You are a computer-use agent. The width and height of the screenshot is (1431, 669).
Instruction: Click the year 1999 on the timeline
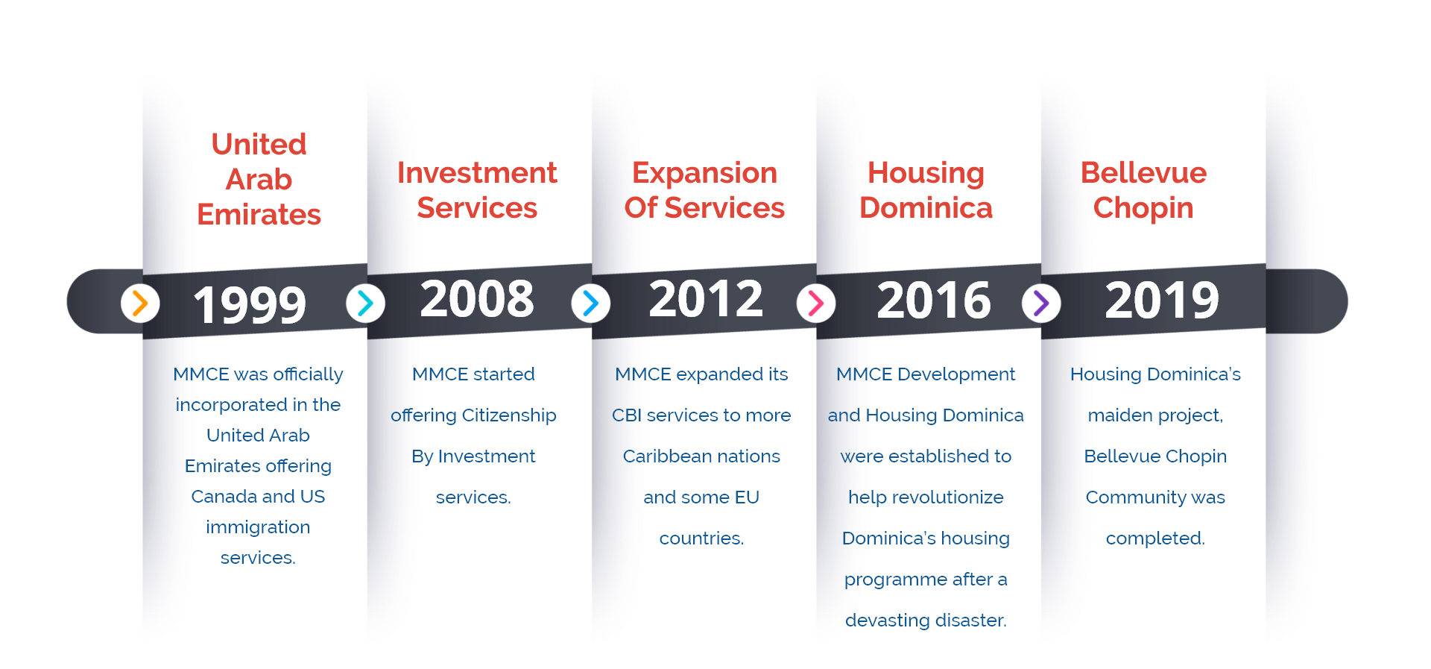click(x=250, y=304)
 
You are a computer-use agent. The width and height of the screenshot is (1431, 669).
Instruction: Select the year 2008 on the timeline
click(x=477, y=298)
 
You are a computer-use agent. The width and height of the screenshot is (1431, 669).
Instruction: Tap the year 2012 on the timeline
click(x=706, y=298)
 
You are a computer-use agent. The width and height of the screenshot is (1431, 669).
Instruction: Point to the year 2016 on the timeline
click(x=934, y=300)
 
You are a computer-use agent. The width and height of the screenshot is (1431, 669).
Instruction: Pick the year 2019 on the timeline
click(x=1162, y=300)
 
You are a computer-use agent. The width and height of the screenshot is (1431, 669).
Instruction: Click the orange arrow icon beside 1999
click(x=140, y=303)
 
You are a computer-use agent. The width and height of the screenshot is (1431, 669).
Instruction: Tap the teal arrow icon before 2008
click(x=365, y=303)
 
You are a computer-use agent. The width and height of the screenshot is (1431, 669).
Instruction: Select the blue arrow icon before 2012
click(x=590, y=303)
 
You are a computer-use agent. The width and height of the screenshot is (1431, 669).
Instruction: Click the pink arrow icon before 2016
click(x=816, y=303)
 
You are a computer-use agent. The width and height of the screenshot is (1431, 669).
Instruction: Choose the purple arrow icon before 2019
click(x=1041, y=303)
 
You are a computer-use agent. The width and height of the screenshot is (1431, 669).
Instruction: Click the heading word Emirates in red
click(x=259, y=215)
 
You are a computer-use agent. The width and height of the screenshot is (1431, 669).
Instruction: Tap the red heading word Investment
click(x=477, y=173)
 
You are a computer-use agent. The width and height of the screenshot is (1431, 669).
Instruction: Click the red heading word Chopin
click(x=1143, y=209)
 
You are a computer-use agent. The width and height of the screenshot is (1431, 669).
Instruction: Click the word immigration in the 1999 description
click(x=258, y=528)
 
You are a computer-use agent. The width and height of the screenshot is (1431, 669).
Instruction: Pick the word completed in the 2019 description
click(x=1155, y=539)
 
